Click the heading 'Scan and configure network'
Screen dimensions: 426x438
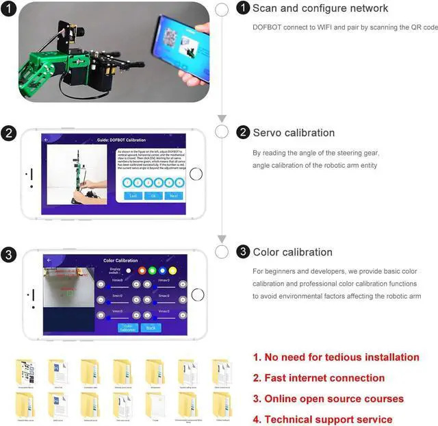point(320,9)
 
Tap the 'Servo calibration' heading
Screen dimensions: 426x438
point(294,133)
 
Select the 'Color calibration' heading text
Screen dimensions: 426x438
point(293,252)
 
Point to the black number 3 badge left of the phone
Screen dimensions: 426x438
point(8,255)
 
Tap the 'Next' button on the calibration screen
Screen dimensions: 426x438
point(174,196)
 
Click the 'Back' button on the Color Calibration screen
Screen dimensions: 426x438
point(151,327)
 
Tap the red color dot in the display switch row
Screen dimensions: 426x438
point(142,271)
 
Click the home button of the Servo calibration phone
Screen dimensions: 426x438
point(196,174)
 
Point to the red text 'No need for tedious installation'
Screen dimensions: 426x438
point(335,357)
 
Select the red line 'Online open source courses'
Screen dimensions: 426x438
point(328,399)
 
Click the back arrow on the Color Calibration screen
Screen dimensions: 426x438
point(49,260)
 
